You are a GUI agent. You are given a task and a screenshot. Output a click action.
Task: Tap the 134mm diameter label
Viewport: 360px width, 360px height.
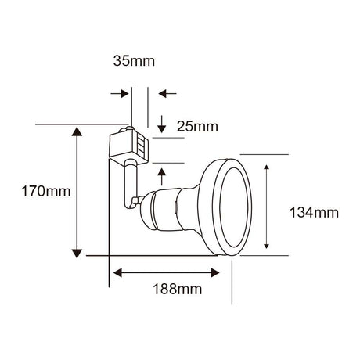311,212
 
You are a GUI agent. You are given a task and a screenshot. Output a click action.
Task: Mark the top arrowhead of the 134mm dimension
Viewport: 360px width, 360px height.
268,169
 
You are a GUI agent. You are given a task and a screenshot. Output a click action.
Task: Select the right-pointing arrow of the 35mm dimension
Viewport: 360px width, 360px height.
123,93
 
